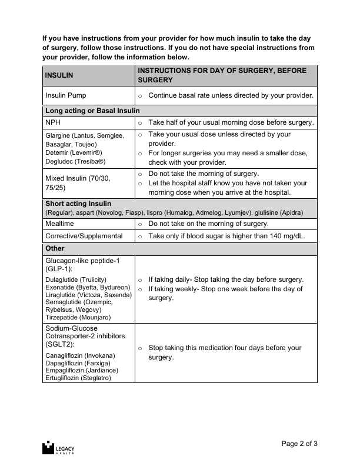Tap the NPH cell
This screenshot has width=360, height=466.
tap(53, 122)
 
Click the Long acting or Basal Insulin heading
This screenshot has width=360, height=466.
tap(92, 110)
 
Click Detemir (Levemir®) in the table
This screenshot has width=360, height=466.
tap(74, 152)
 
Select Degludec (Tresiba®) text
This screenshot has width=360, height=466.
tap(75, 161)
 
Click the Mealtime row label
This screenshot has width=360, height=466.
tap(60, 224)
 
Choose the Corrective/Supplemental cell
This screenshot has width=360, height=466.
tap(84, 236)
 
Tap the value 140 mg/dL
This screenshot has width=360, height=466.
tap(297, 236)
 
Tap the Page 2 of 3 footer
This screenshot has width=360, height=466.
tap(300, 444)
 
